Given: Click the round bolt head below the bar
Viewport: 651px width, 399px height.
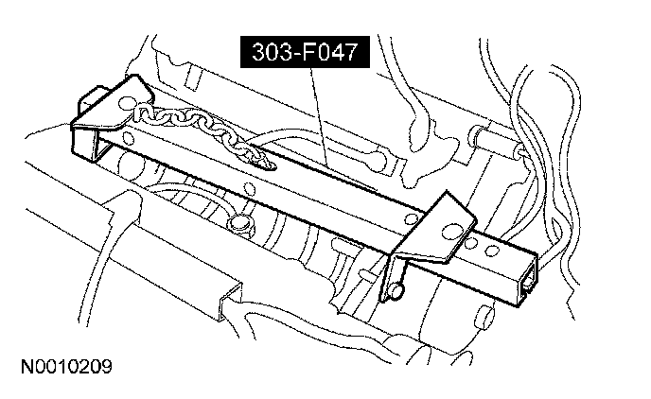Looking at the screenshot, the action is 238,224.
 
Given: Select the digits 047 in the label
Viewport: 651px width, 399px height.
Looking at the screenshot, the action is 332,54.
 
